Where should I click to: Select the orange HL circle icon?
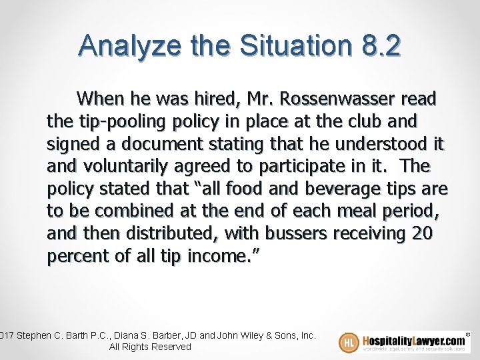click(x=349, y=342)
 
